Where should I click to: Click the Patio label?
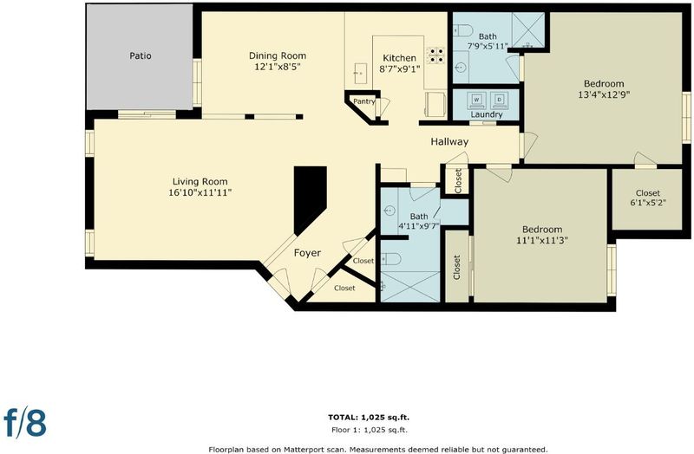pyautogui.click(x=141, y=55)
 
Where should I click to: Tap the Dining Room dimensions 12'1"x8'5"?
pyautogui.click(x=278, y=68)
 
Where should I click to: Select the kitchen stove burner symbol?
pyautogui.click(x=435, y=55)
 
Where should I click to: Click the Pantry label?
pyautogui.click(x=364, y=101)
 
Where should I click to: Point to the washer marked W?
pyautogui.click(x=476, y=101)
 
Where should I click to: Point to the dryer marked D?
pyautogui.click(x=500, y=101)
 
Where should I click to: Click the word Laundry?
pyautogui.click(x=487, y=114)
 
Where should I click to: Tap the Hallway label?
pyautogui.click(x=449, y=142)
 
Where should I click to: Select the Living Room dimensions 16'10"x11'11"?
pyautogui.click(x=200, y=192)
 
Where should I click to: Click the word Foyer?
pyautogui.click(x=308, y=253)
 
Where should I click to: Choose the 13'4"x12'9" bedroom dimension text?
pyautogui.click(x=604, y=94)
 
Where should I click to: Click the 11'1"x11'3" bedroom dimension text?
pyautogui.click(x=542, y=241)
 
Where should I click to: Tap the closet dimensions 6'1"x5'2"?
pyautogui.click(x=648, y=203)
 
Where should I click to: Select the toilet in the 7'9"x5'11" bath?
pyautogui.click(x=463, y=30)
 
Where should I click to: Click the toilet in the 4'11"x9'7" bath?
pyautogui.click(x=391, y=258)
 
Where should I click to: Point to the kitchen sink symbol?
pyautogui.click(x=360, y=74)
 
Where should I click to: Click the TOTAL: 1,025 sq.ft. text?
pyautogui.click(x=369, y=417)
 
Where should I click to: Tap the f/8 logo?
pyautogui.click(x=25, y=422)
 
